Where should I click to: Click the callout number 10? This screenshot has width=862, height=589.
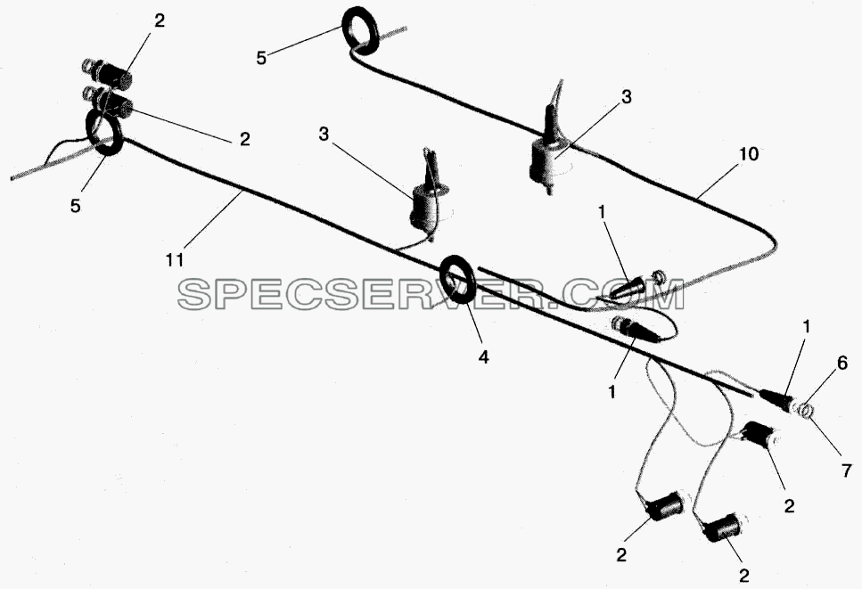pyautogui.click(x=748, y=154)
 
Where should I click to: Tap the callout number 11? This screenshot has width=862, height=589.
pyautogui.click(x=175, y=259)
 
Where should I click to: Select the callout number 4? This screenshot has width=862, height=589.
pyautogui.click(x=483, y=357)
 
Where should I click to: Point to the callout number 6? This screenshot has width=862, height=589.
pyautogui.click(x=842, y=364)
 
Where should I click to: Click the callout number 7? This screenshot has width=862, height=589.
pyautogui.click(x=847, y=470)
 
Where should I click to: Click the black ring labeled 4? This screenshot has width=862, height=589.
pyautogui.click(x=458, y=279)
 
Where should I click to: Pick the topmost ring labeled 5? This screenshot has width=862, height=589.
pyautogui.click(x=360, y=30)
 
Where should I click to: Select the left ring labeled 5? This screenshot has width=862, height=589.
pyautogui.click(x=104, y=132)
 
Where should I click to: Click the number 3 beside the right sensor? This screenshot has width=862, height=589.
pyautogui.click(x=626, y=97)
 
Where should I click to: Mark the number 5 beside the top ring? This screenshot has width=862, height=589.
pyautogui.click(x=261, y=58)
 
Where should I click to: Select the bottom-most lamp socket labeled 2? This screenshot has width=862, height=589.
pyautogui.click(x=721, y=528)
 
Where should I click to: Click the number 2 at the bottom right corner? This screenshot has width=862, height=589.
pyautogui.click(x=743, y=576)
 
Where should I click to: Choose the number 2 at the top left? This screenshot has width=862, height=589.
pyautogui.click(x=159, y=20)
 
